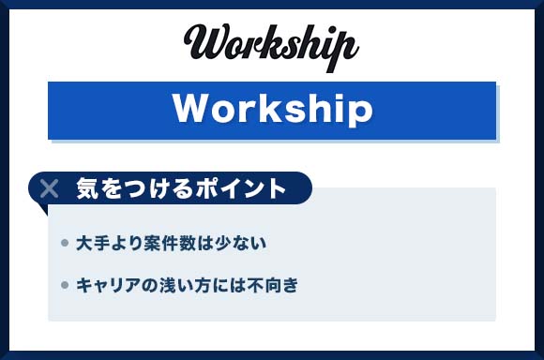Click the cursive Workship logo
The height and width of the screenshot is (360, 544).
click(272, 43)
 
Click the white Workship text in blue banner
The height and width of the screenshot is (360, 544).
click(272, 110)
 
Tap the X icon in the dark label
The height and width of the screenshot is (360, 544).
click(50, 187)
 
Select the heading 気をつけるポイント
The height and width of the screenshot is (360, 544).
click(180, 187)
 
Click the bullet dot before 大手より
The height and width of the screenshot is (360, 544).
click(64, 244)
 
